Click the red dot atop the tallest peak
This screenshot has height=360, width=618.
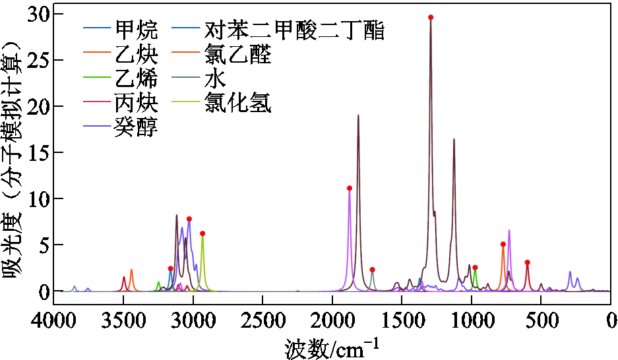(x=431, y=17)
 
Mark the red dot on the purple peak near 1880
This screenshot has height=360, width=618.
(x=349, y=188)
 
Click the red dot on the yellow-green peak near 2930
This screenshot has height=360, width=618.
(x=202, y=233)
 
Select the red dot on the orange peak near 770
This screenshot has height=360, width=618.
(x=503, y=244)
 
